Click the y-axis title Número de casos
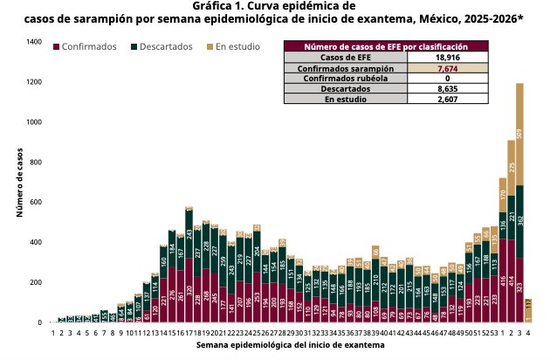click(19, 183)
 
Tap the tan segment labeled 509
click(519, 134)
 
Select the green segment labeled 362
click(519, 221)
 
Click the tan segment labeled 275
click(512, 167)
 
